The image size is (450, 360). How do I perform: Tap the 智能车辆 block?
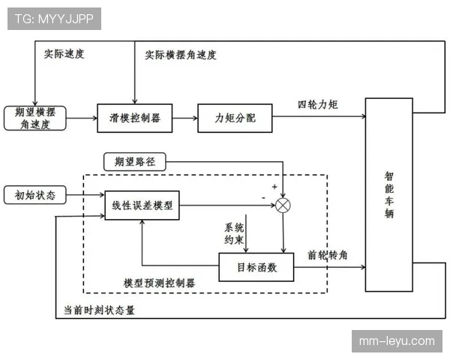click(389, 194)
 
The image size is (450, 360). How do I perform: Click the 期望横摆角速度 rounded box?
click(34, 118)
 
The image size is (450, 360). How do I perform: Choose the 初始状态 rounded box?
click(34, 195)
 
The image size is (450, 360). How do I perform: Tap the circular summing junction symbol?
click(283, 205)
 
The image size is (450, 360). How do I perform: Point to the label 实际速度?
click(63, 55)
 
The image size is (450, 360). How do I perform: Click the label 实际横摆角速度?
click(181, 55)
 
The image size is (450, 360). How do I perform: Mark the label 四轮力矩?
click(318, 104)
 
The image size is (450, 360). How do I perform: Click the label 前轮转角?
click(328, 255)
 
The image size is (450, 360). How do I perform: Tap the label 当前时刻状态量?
click(100, 309)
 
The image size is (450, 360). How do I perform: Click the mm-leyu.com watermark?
click(396, 340)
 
